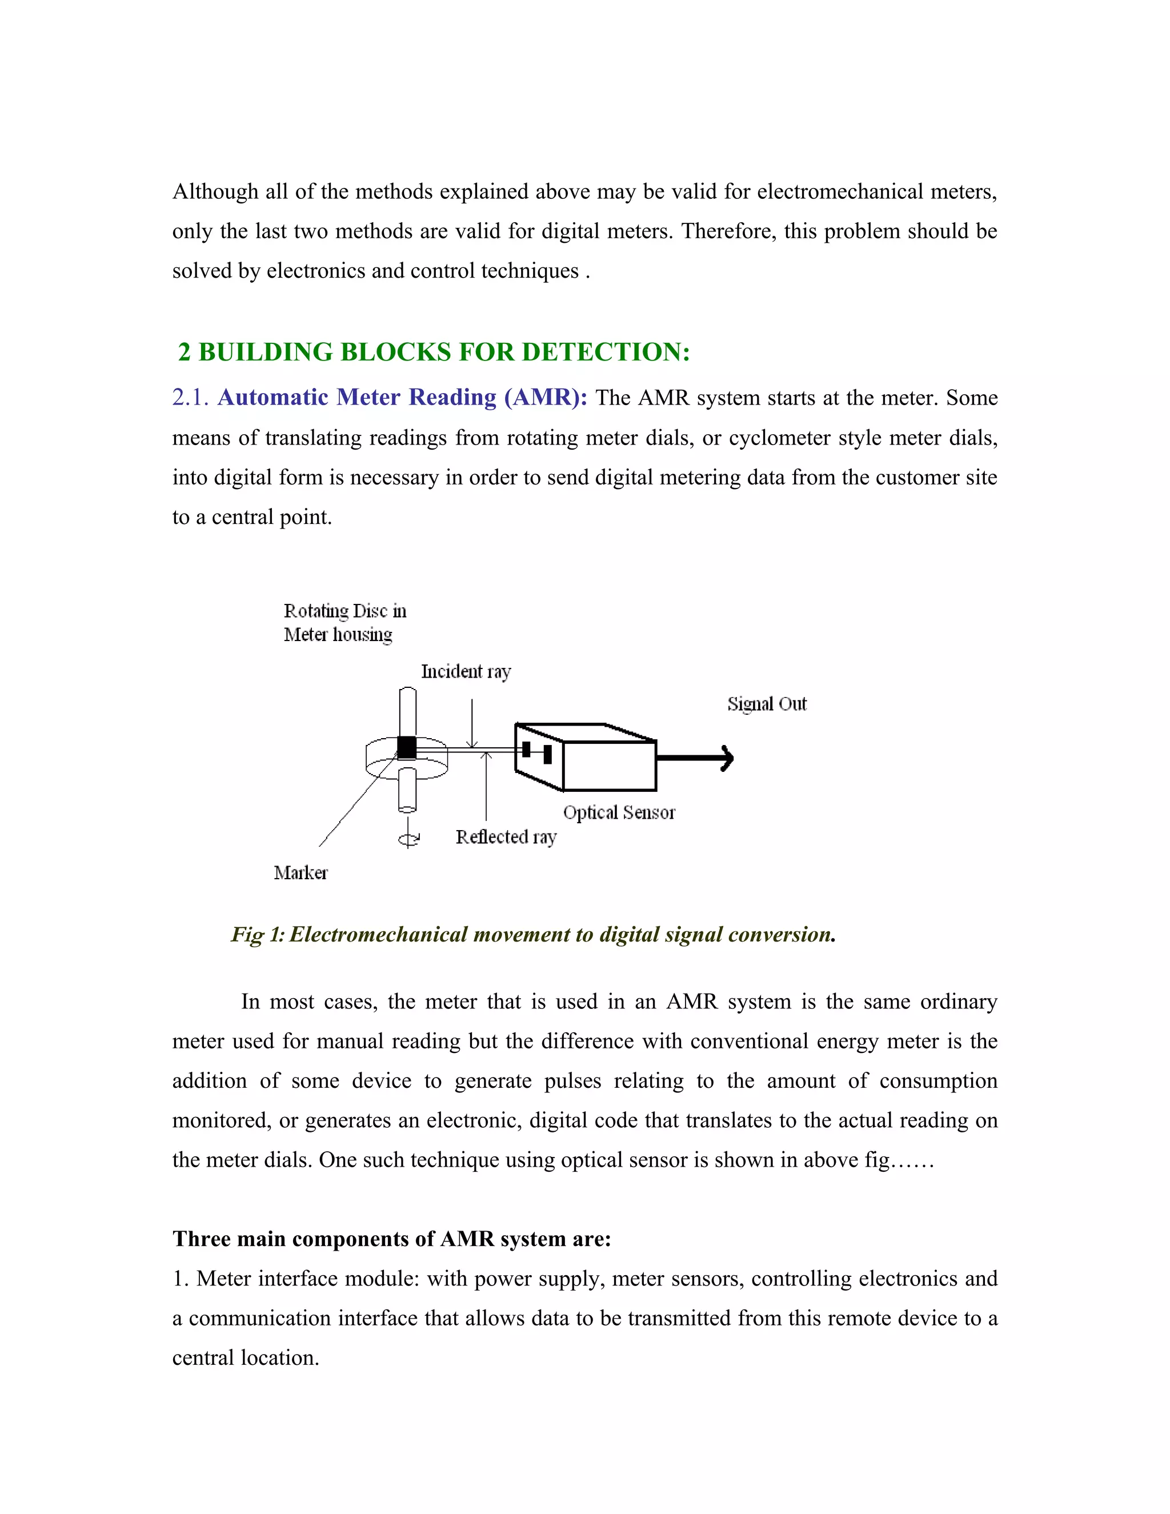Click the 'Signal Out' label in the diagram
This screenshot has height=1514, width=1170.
[767, 704]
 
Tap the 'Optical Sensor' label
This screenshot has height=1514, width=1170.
[618, 812]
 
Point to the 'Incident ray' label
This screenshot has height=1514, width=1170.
[466, 672]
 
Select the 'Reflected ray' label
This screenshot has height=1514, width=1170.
[506, 838]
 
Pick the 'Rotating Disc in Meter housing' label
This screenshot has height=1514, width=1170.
[344, 623]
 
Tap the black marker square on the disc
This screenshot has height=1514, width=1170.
[406, 747]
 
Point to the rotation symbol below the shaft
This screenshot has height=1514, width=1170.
[408, 839]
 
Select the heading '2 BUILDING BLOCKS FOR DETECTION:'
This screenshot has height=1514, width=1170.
[434, 352]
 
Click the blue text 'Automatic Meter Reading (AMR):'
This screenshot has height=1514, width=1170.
[402, 397]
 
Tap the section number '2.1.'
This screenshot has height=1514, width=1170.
[190, 397]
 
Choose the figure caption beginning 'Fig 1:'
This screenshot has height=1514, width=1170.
[533, 935]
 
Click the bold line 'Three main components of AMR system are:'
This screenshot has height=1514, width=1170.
[391, 1239]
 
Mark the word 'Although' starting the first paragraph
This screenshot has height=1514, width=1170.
[215, 191]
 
